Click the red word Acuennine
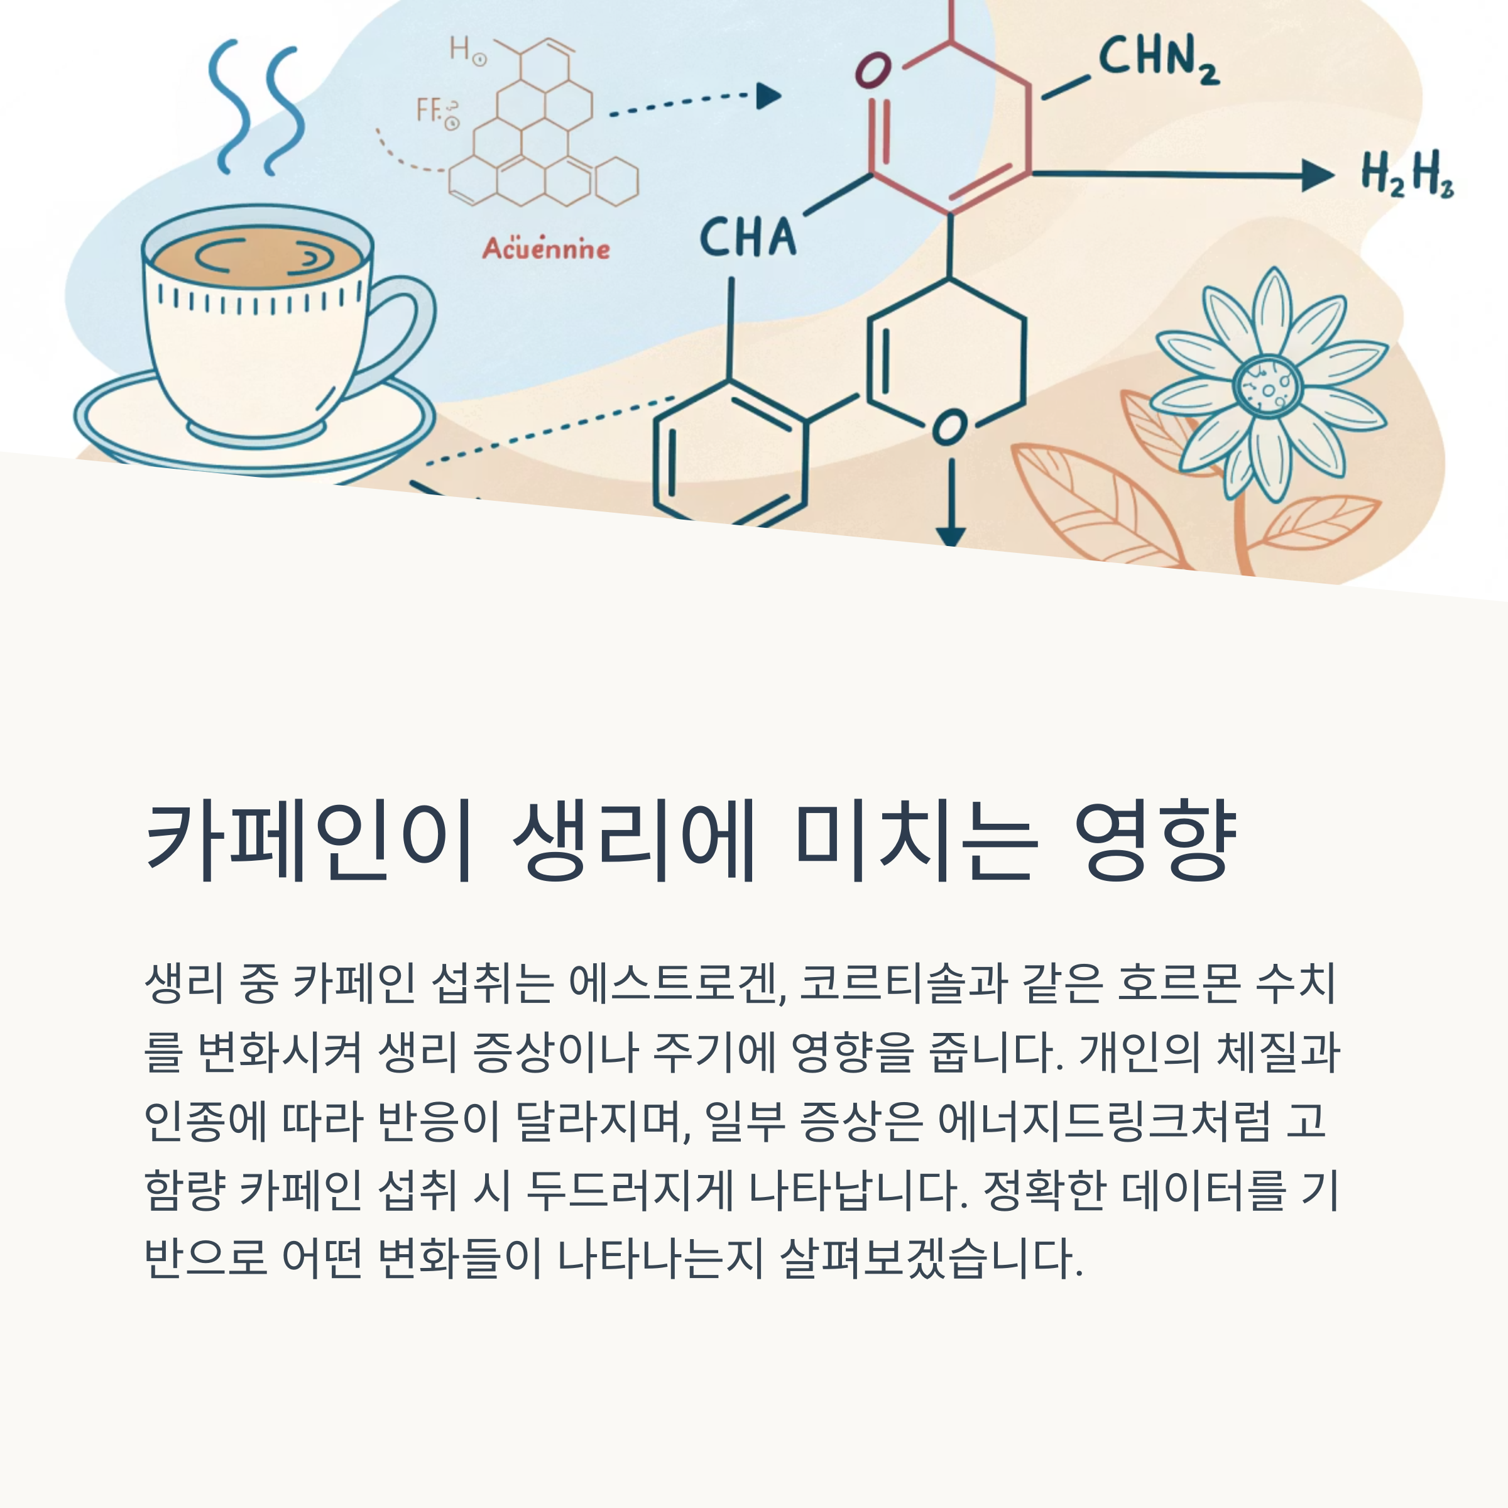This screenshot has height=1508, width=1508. pos(545,249)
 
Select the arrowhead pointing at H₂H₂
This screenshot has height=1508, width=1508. pos(1318,175)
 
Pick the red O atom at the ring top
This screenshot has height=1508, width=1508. pos(873,71)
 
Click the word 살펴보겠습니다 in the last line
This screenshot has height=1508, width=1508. pos(931,1259)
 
